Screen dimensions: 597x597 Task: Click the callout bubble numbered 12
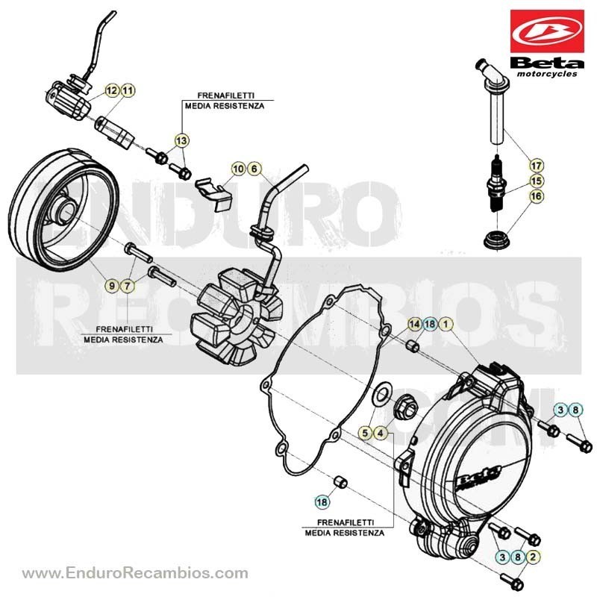(112, 90)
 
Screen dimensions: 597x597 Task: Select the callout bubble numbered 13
(181, 141)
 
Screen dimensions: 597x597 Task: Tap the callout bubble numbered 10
(238, 169)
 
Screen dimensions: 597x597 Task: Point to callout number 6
(254, 169)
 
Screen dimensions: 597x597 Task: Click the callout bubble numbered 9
(111, 285)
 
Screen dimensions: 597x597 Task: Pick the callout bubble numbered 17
(536, 166)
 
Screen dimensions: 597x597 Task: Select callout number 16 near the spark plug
(536, 196)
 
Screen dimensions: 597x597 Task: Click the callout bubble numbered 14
(414, 324)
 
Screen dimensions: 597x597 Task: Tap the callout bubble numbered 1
(446, 324)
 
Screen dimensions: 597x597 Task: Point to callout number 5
(365, 433)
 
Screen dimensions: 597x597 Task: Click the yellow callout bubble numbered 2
(533, 557)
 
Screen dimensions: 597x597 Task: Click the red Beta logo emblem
(547, 31)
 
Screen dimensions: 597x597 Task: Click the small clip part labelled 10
(213, 194)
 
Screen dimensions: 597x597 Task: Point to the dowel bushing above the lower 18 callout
(340, 481)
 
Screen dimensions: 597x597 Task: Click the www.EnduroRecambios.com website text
(135, 573)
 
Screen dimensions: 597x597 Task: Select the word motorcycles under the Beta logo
(547, 74)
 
